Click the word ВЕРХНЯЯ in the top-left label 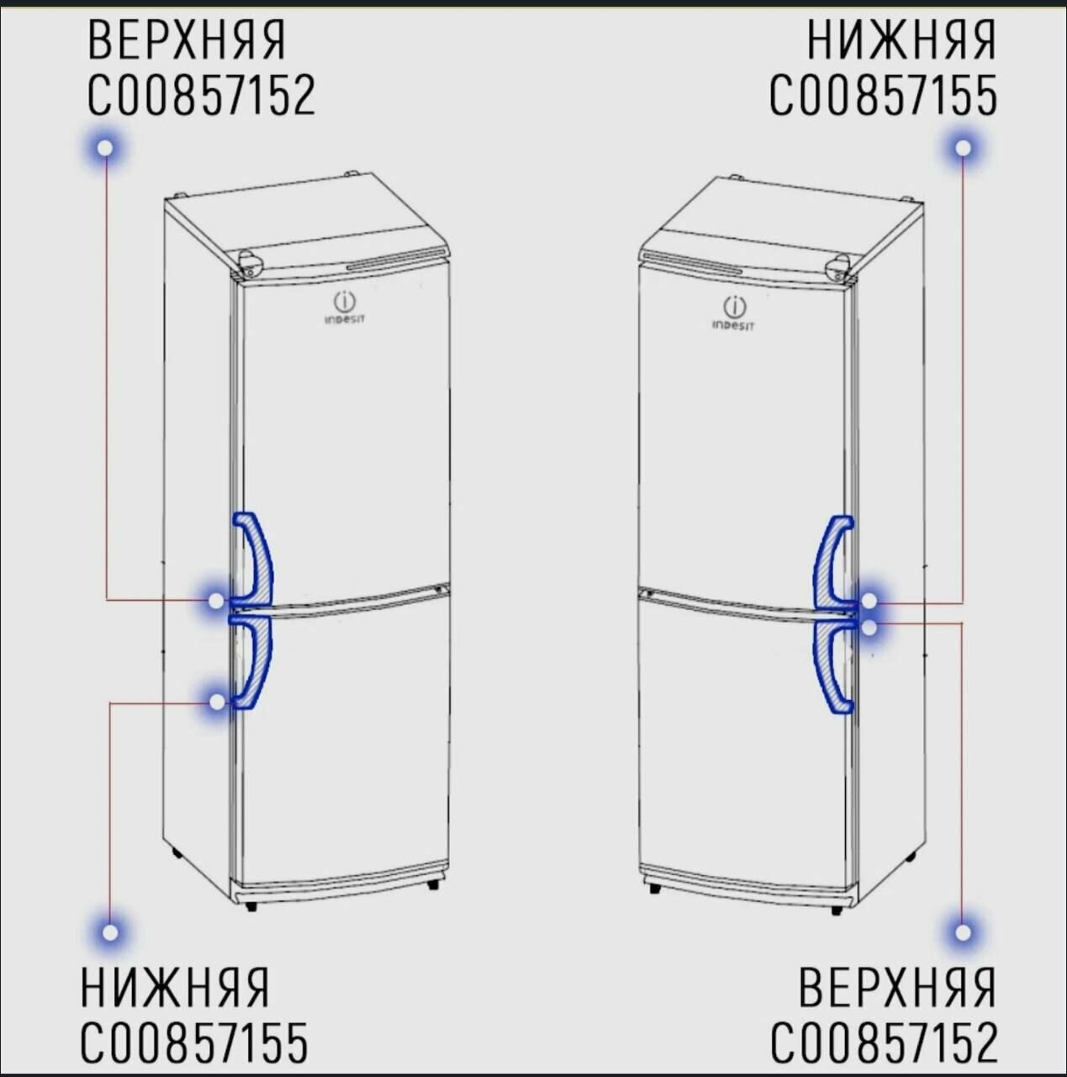[187, 40]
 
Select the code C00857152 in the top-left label [202, 95]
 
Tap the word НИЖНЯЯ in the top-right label [901, 40]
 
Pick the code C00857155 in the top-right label [884, 95]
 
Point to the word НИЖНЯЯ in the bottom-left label [175, 987]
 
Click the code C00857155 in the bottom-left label [194, 1043]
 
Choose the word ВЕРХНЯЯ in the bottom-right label [897, 987]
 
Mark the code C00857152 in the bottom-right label [884, 1043]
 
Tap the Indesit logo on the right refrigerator [734, 313]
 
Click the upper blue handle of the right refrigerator [832, 560]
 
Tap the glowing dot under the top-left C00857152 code [105, 148]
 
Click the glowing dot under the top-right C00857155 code [964, 148]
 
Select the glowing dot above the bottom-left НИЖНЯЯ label [110, 932]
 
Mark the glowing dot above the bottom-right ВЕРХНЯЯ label [963, 932]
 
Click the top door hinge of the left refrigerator [250, 264]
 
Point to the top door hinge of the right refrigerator [838, 268]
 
